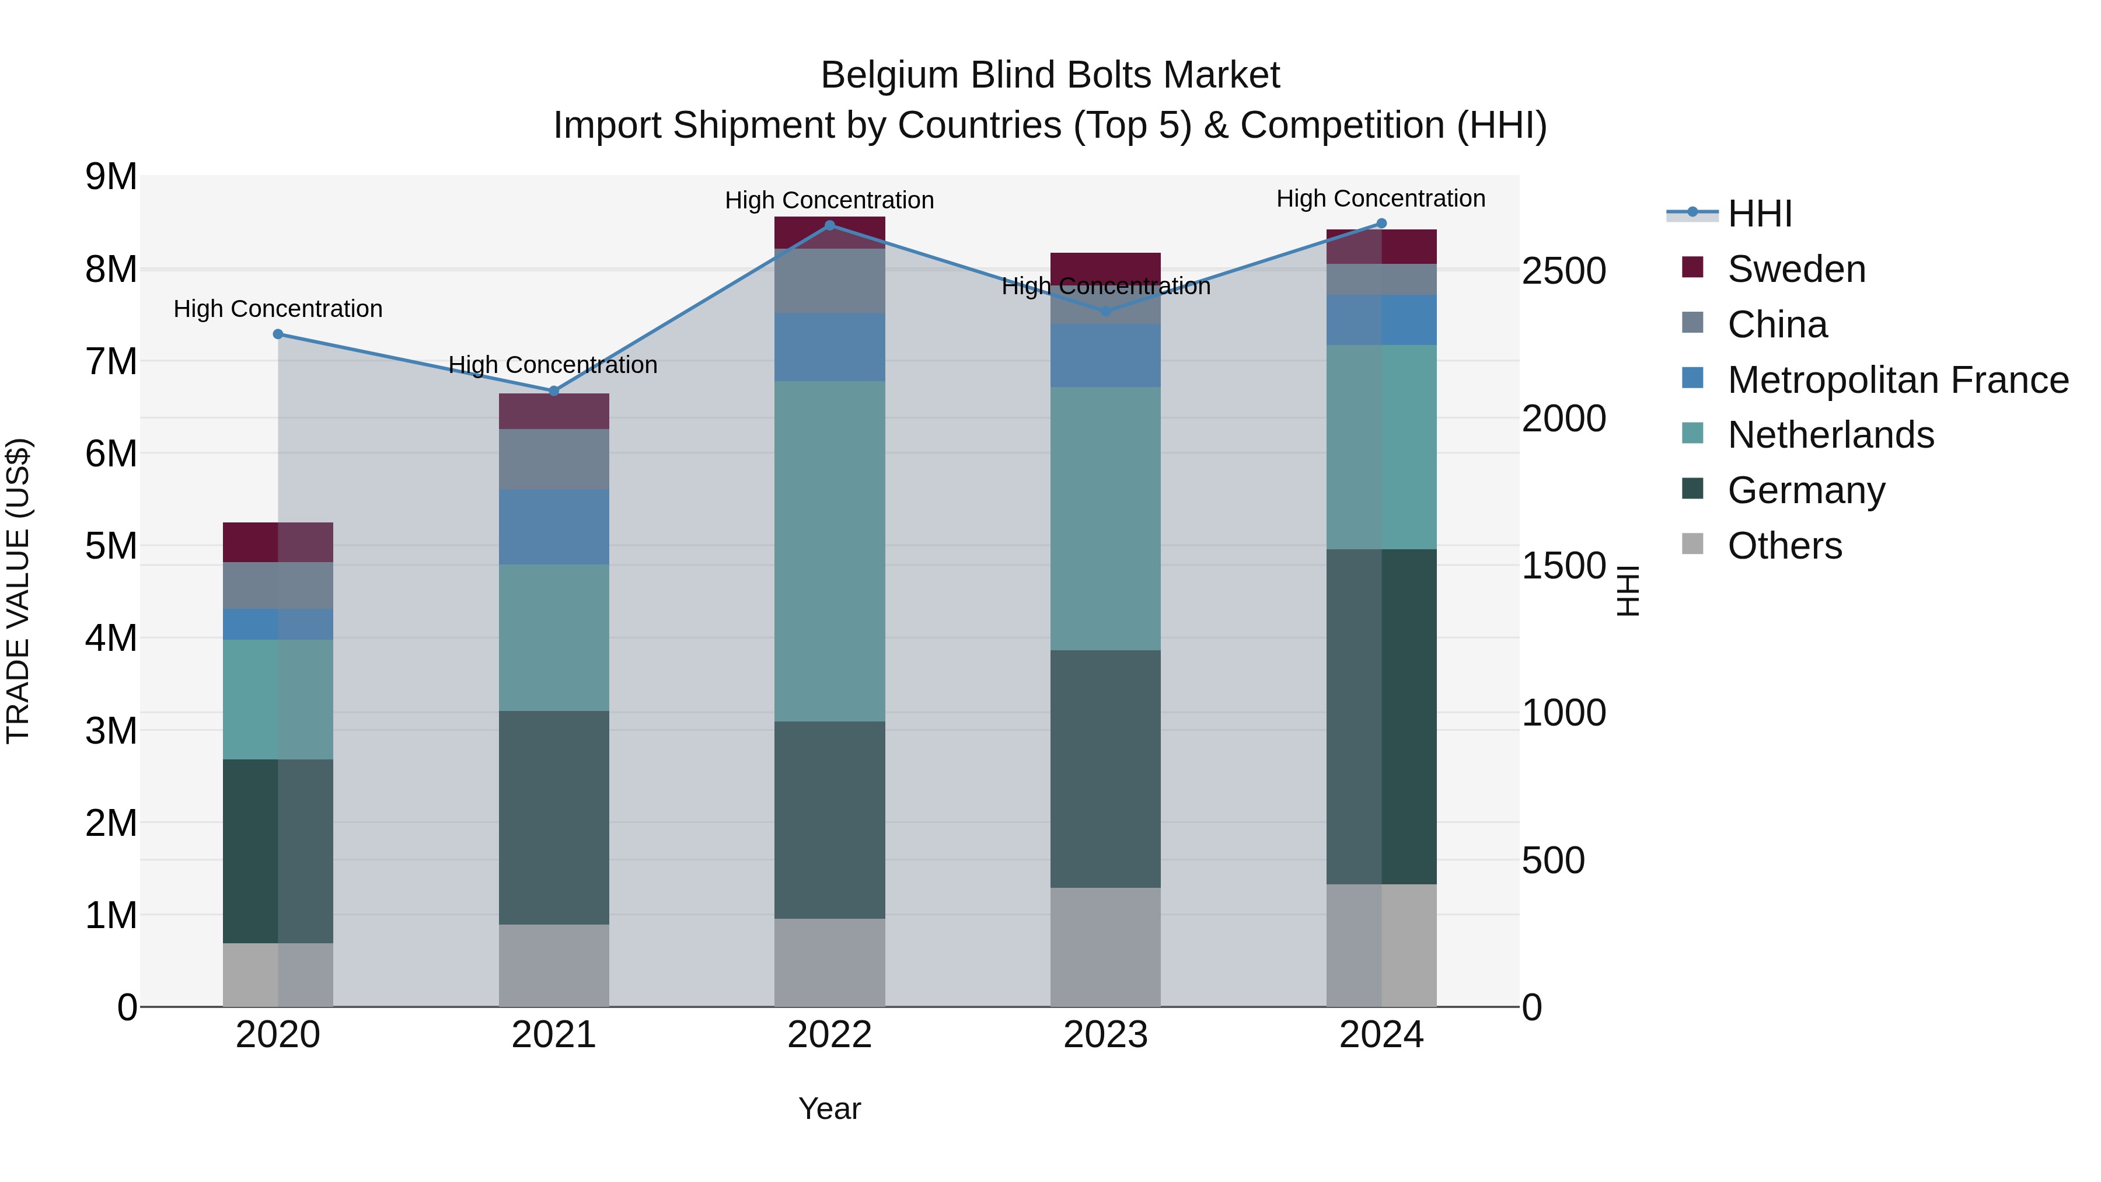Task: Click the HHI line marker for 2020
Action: click(x=278, y=334)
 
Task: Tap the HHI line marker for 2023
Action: click(x=1106, y=312)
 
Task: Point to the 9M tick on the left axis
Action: click(x=111, y=177)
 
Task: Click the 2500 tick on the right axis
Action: click(x=1563, y=271)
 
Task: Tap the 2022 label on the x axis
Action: click(x=829, y=1035)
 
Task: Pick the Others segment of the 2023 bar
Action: click(x=1105, y=947)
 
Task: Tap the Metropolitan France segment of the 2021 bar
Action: click(x=554, y=527)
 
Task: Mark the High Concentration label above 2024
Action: click(x=1380, y=199)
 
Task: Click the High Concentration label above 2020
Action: click(x=278, y=309)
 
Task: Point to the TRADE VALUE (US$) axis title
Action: click(x=18, y=591)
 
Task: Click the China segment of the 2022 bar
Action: click(x=829, y=281)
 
